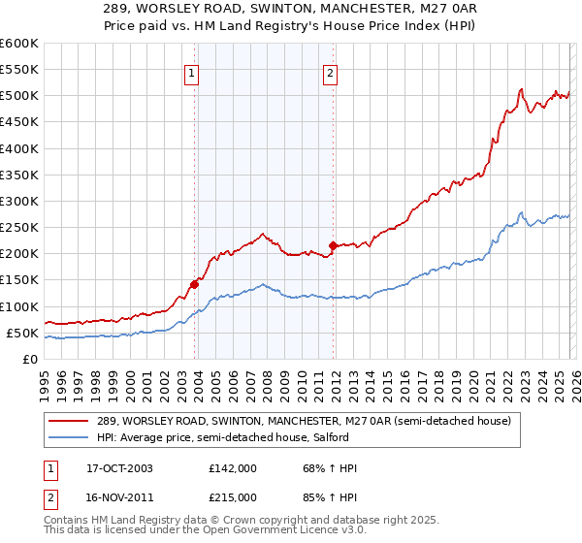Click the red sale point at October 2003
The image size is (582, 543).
coord(194,284)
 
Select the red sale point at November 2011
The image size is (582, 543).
coord(333,245)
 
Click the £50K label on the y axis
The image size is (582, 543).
coord(21,333)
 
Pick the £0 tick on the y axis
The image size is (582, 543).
coord(31,359)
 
